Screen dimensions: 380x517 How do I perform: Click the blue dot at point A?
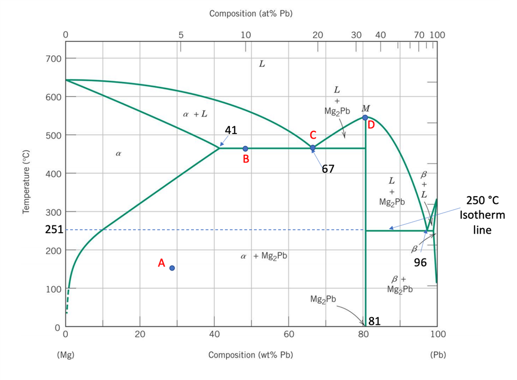172,268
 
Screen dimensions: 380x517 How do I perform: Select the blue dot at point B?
245,149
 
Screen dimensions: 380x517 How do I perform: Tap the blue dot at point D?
365,118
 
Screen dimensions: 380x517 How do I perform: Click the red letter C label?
313,135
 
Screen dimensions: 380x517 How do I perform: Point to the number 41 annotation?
231,130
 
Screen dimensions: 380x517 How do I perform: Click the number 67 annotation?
328,169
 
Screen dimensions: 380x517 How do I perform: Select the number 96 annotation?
420,263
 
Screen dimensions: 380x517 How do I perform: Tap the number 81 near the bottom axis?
374,321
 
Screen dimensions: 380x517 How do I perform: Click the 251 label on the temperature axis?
54,230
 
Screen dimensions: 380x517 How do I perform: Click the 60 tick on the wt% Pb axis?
289,334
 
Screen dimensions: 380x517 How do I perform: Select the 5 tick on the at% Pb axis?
181,35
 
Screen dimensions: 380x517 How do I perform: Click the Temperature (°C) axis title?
25,182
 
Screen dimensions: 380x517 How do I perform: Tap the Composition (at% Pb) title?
251,13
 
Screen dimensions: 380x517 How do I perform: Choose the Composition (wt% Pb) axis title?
251,355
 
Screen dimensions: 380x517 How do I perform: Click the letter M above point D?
365,108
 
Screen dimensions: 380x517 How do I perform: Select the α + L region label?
195,114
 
